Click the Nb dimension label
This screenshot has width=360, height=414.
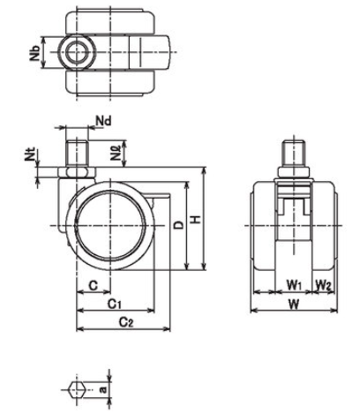pyautogui.click(x=34, y=52)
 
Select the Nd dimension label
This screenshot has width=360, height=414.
pyautogui.click(x=104, y=121)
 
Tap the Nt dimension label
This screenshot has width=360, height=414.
pyautogui.click(x=30, y=154)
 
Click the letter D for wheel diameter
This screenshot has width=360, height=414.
pyautogui.click(x=178, y=225)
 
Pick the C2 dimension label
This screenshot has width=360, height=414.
pyautogui.click(x=126, y=322)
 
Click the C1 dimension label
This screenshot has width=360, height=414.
pyautogui.click(x=114, y=304)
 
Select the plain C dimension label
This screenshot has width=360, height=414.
pyautogui.click(x=93, y=285)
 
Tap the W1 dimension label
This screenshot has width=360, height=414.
pyautogui.click(x=294, y=284)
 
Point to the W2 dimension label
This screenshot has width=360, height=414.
pyautogui.click(x=324, y=284)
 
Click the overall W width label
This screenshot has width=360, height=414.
pyautogui.click(x=293, y=305)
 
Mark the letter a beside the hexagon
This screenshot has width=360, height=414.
pyautogui.click(x=102, y=389)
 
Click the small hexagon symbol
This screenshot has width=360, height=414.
pyautogui.click(x=77, y=389)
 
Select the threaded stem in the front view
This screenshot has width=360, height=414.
pyautogui.click(x=293, y=154)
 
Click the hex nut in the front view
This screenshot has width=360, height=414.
pyautogui.click(x=293, y=173)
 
